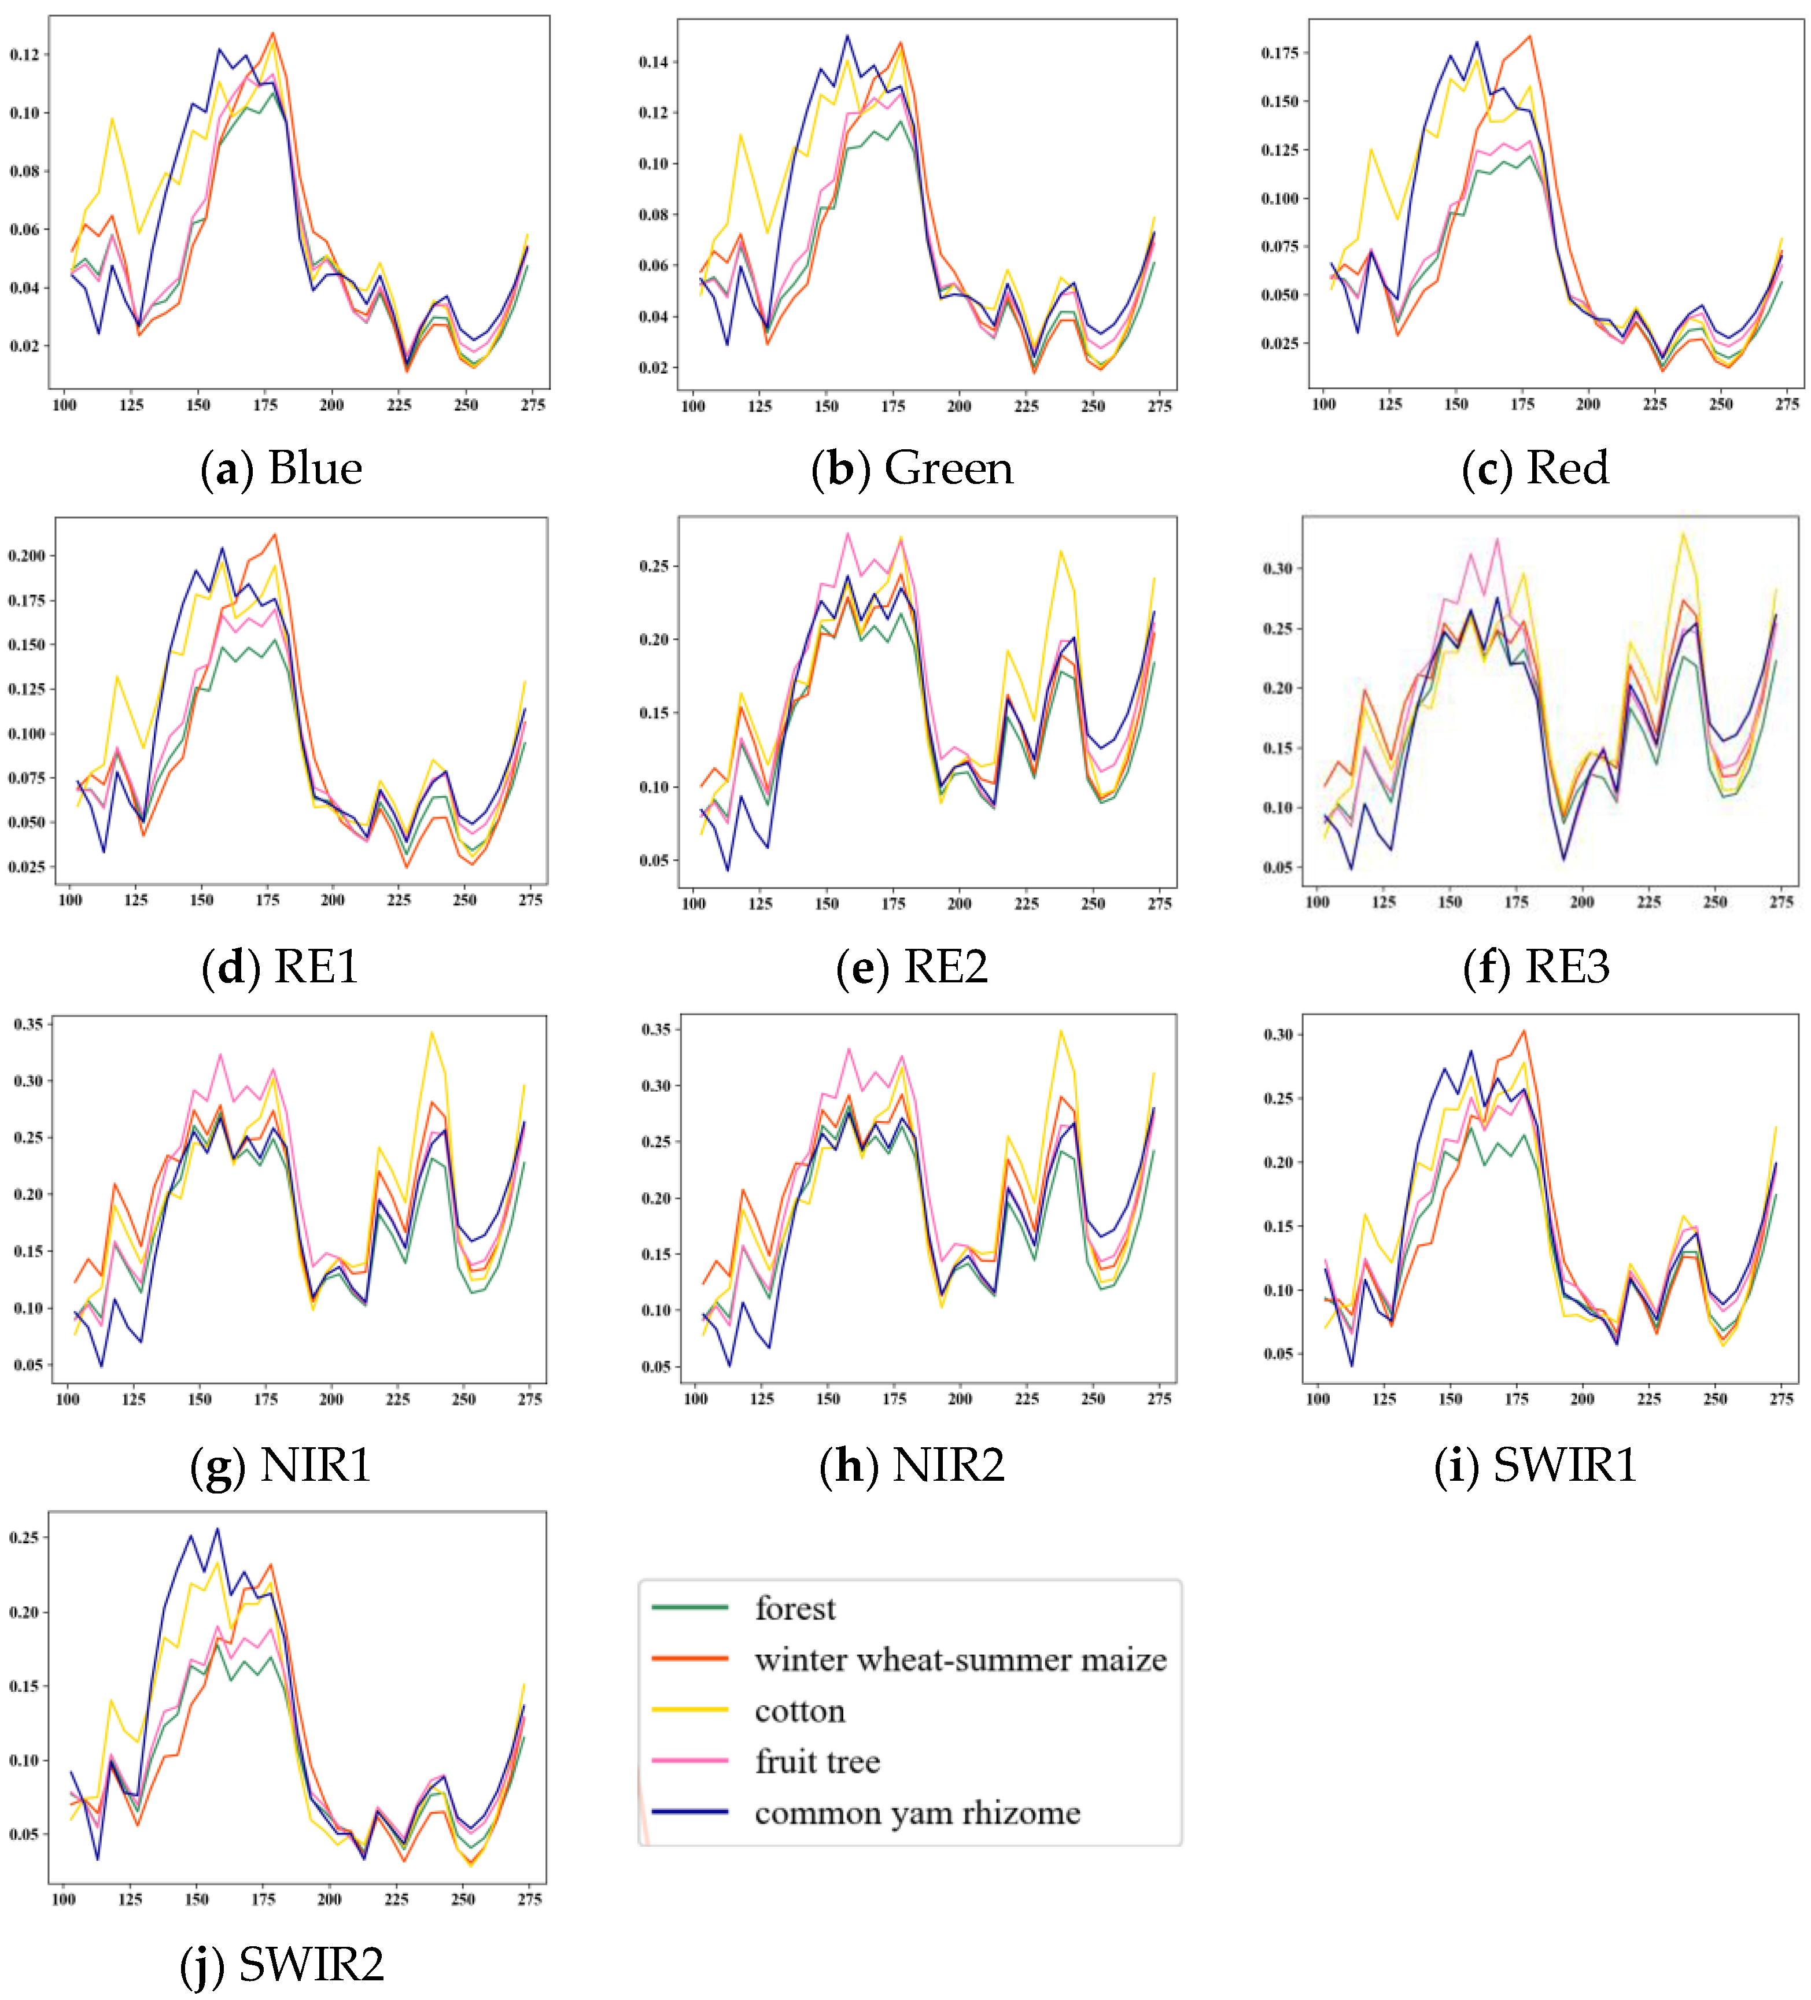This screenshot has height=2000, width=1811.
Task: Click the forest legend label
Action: (x=795, y=1607)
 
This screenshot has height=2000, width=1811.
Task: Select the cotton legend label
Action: (x=800, y=1710)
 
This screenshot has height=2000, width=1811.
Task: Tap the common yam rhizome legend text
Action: (x=917, y=1813)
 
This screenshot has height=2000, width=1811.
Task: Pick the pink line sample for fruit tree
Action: (x=689, y=1761)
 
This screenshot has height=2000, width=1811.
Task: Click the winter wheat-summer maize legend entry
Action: (x=960, y=1659)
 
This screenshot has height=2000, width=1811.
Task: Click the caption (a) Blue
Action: (x=281, y=468)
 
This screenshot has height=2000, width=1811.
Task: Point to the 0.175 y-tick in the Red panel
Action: (x=1279, y=53)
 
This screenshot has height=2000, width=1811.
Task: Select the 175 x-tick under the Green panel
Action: (x=893, y=406)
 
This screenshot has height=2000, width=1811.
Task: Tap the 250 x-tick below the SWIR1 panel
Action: (x=1715, y=1399)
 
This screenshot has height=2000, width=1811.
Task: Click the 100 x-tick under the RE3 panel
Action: (x=1317, y=902)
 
